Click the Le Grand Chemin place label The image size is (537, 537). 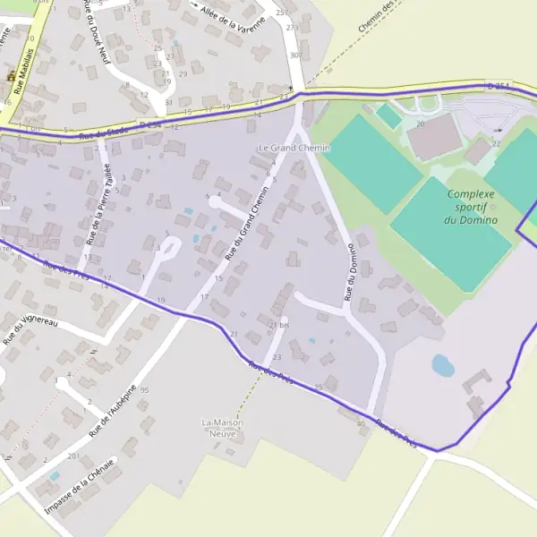[294, 148]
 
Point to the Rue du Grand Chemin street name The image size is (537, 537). [246, 229]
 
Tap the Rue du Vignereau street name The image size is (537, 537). [30, 328]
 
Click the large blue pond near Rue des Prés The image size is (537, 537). [442, 364]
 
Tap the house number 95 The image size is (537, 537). [144, 391]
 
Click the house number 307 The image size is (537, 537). [295, 55]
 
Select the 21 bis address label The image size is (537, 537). [279, 324]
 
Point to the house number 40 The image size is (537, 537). [361, 423]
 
